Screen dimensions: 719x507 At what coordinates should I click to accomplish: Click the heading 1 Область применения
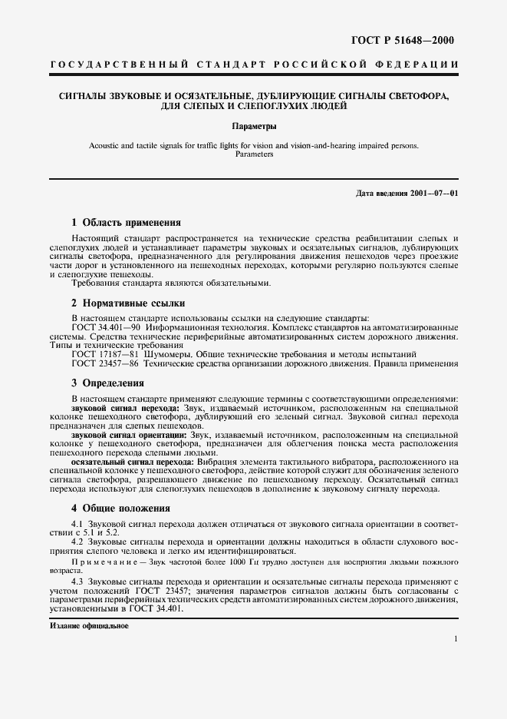(120, 222)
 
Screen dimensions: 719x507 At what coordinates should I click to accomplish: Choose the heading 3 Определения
(108, 383)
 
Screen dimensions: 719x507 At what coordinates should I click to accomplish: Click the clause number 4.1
(77, 524)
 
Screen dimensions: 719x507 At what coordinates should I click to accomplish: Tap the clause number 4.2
(77, 542)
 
